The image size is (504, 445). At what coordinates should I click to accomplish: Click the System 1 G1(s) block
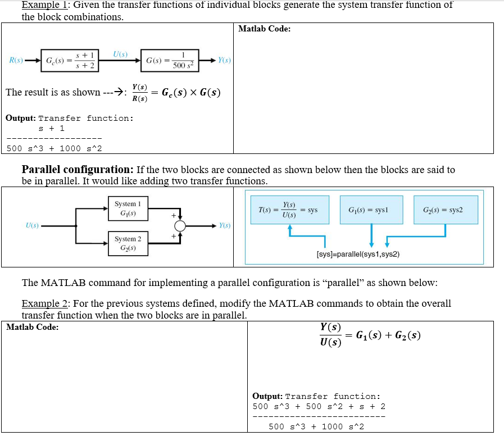[x=128, y=209]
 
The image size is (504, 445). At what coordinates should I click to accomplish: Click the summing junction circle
[x=180, y=226]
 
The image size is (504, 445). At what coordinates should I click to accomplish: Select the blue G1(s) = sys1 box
[x=371, y=210]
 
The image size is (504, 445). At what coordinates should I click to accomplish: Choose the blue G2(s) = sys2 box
[x=446, y=210]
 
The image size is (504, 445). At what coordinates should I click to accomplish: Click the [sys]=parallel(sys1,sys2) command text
[x=358, y=254]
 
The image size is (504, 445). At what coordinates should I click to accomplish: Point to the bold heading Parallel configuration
[x=76, y=169]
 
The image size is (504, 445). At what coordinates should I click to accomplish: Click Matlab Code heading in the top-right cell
[x=264, y=29]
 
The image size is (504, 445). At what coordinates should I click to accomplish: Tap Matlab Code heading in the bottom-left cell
[x=32, y=327]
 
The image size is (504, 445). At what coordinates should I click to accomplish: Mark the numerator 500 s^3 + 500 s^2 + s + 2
[x=319, y=406]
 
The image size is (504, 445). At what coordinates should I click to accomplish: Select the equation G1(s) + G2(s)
[x=389, y=335]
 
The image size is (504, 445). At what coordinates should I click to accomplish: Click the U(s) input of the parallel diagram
[x=33, y=226]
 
